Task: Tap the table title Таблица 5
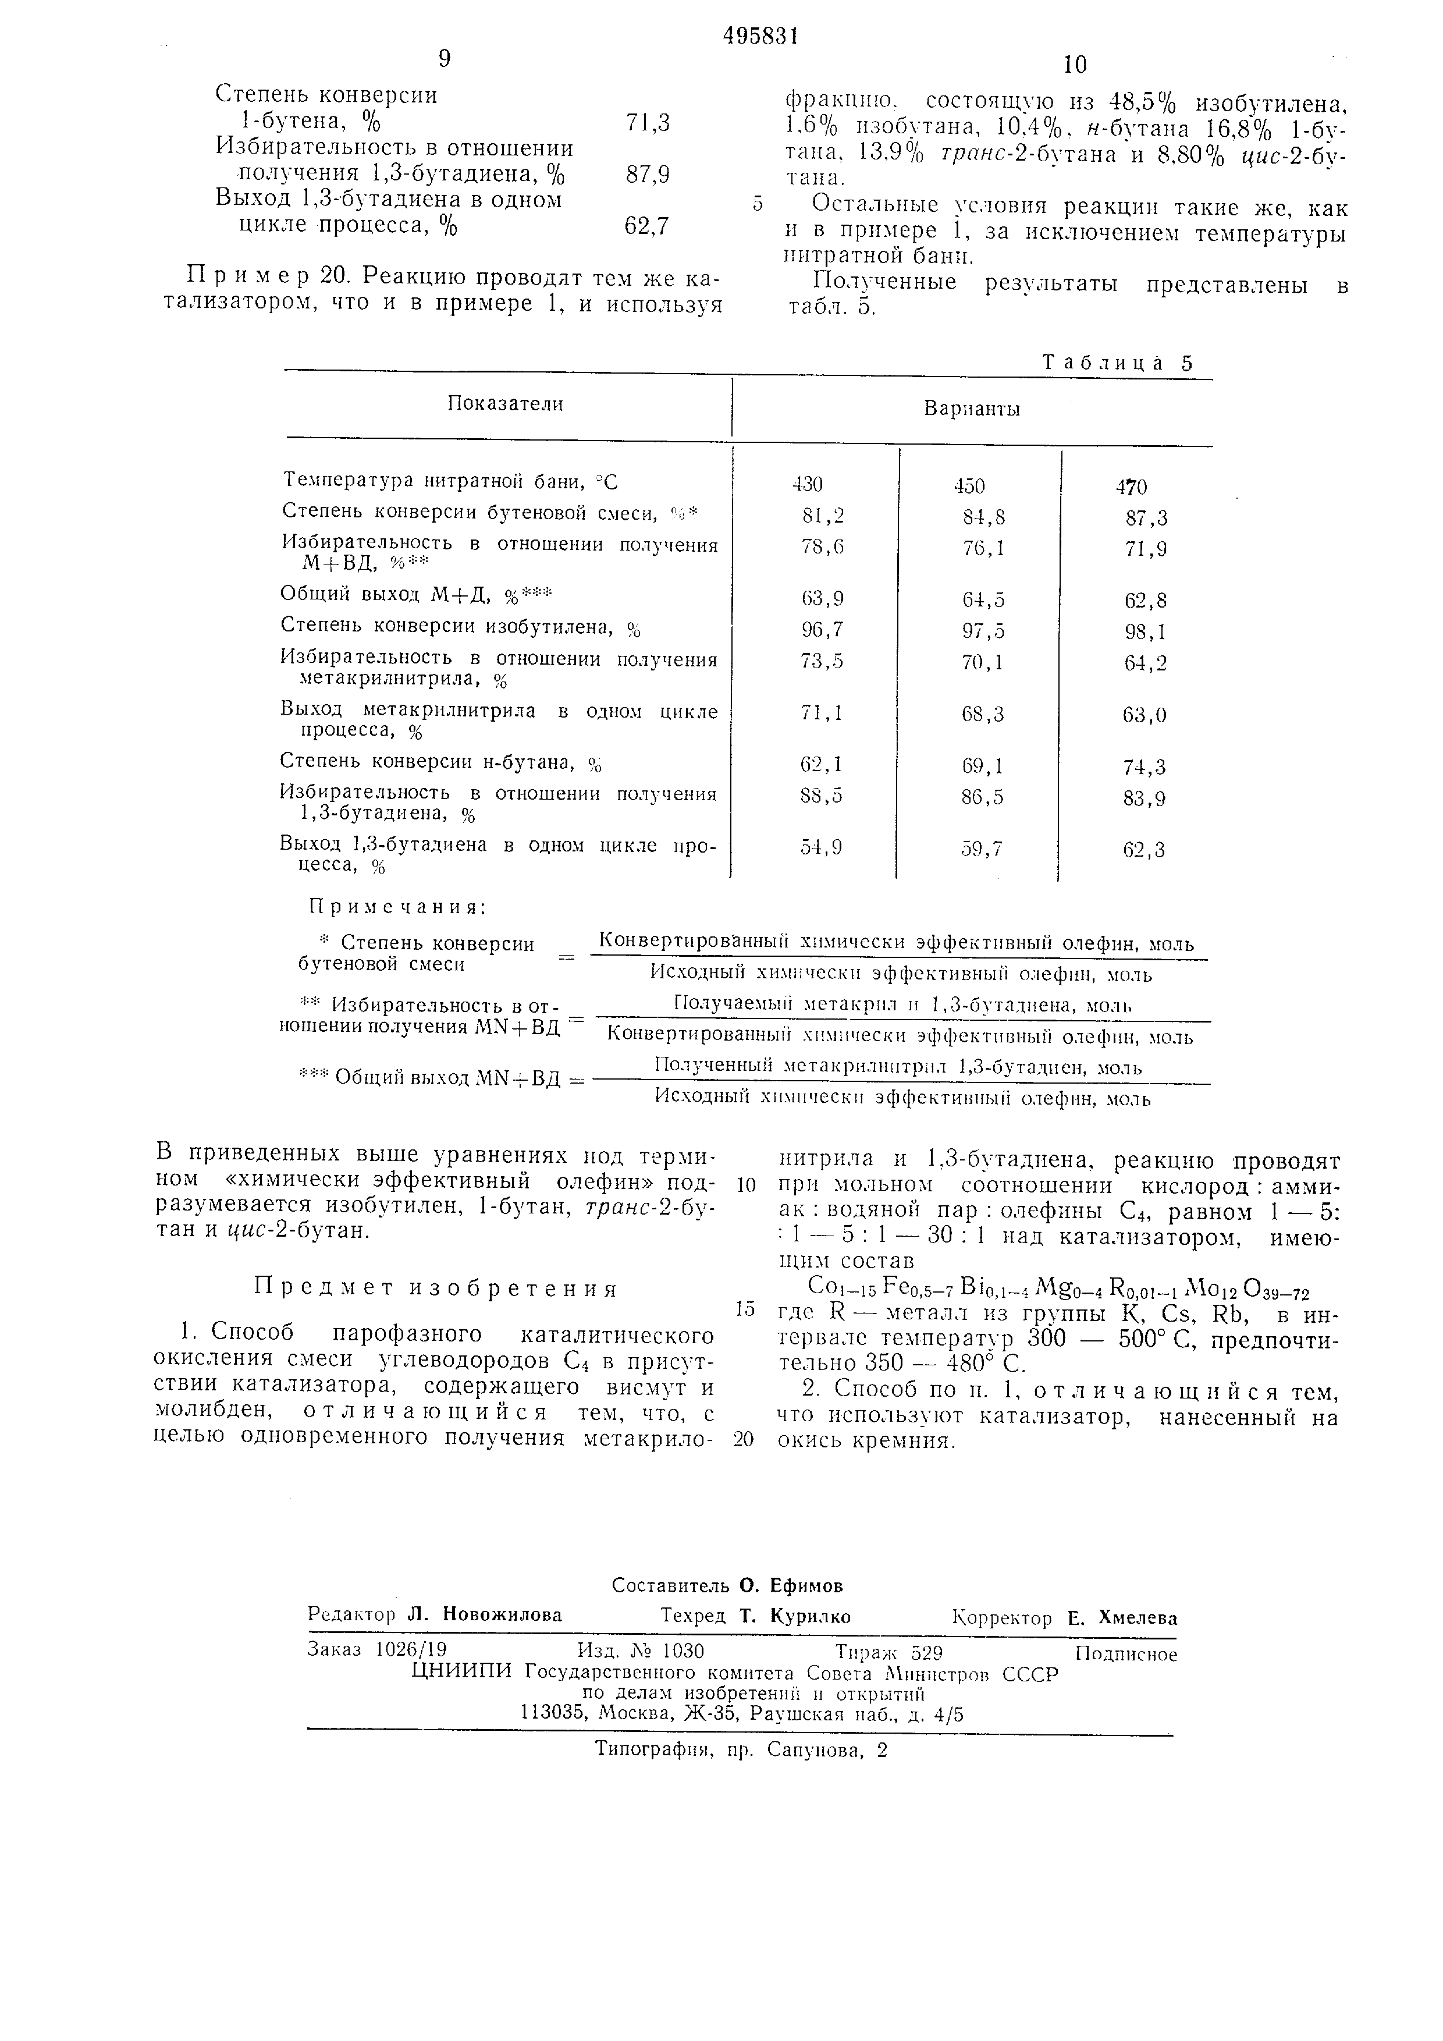pos(1116,364)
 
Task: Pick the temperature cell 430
pos(808,484)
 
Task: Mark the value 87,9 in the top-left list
pos(647,175)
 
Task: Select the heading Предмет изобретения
pos(435,1289)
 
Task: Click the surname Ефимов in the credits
pos(792,1586)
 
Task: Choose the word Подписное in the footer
pos(1125,1655)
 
